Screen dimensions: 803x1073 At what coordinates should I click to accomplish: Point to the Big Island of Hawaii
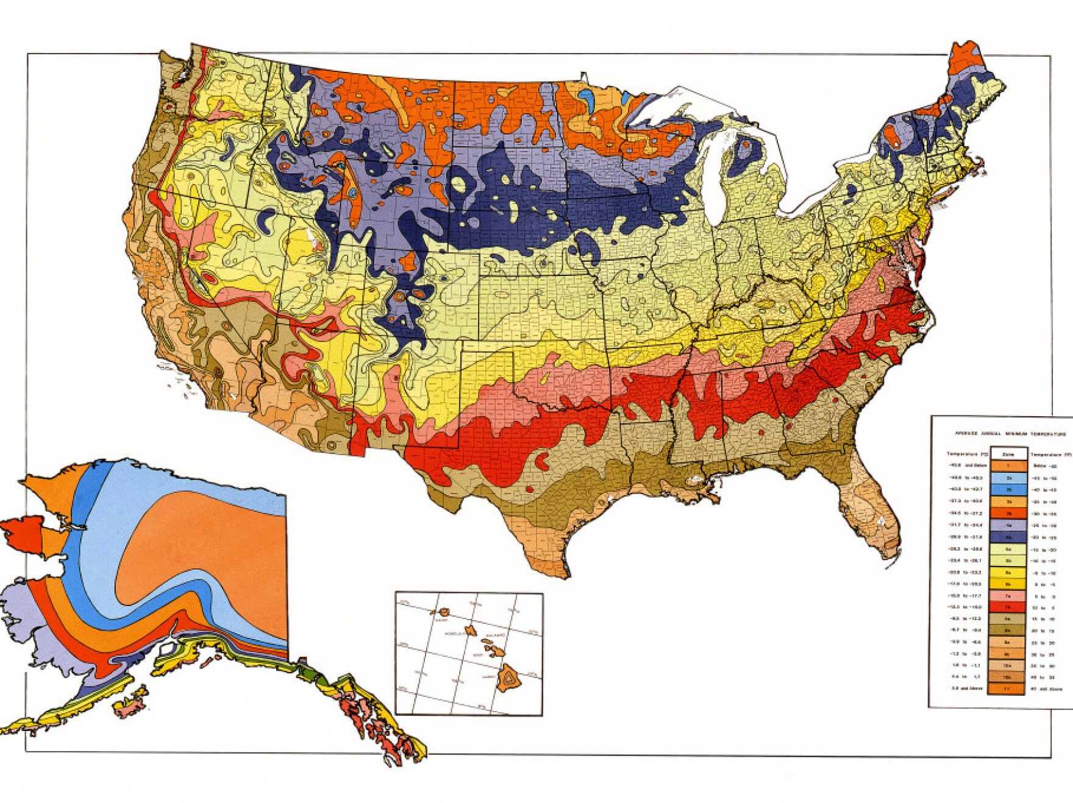[x=508, y=678]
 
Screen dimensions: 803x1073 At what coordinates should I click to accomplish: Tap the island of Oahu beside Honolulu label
[x=471, y=631]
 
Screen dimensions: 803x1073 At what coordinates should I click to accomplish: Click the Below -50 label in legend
[x=1046, y=466]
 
